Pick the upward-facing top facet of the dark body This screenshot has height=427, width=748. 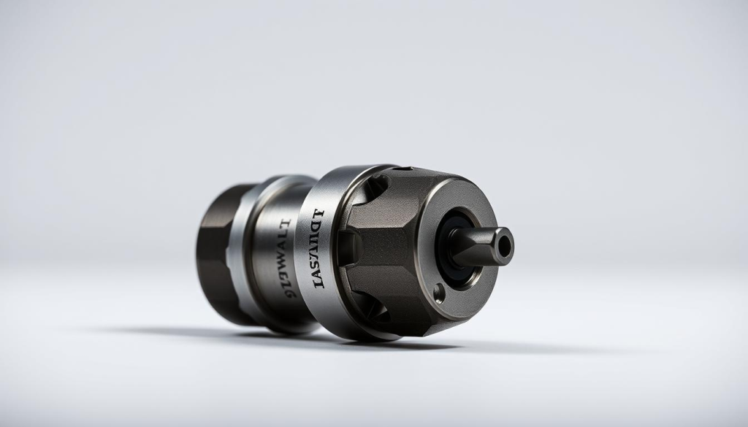[409, 186]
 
